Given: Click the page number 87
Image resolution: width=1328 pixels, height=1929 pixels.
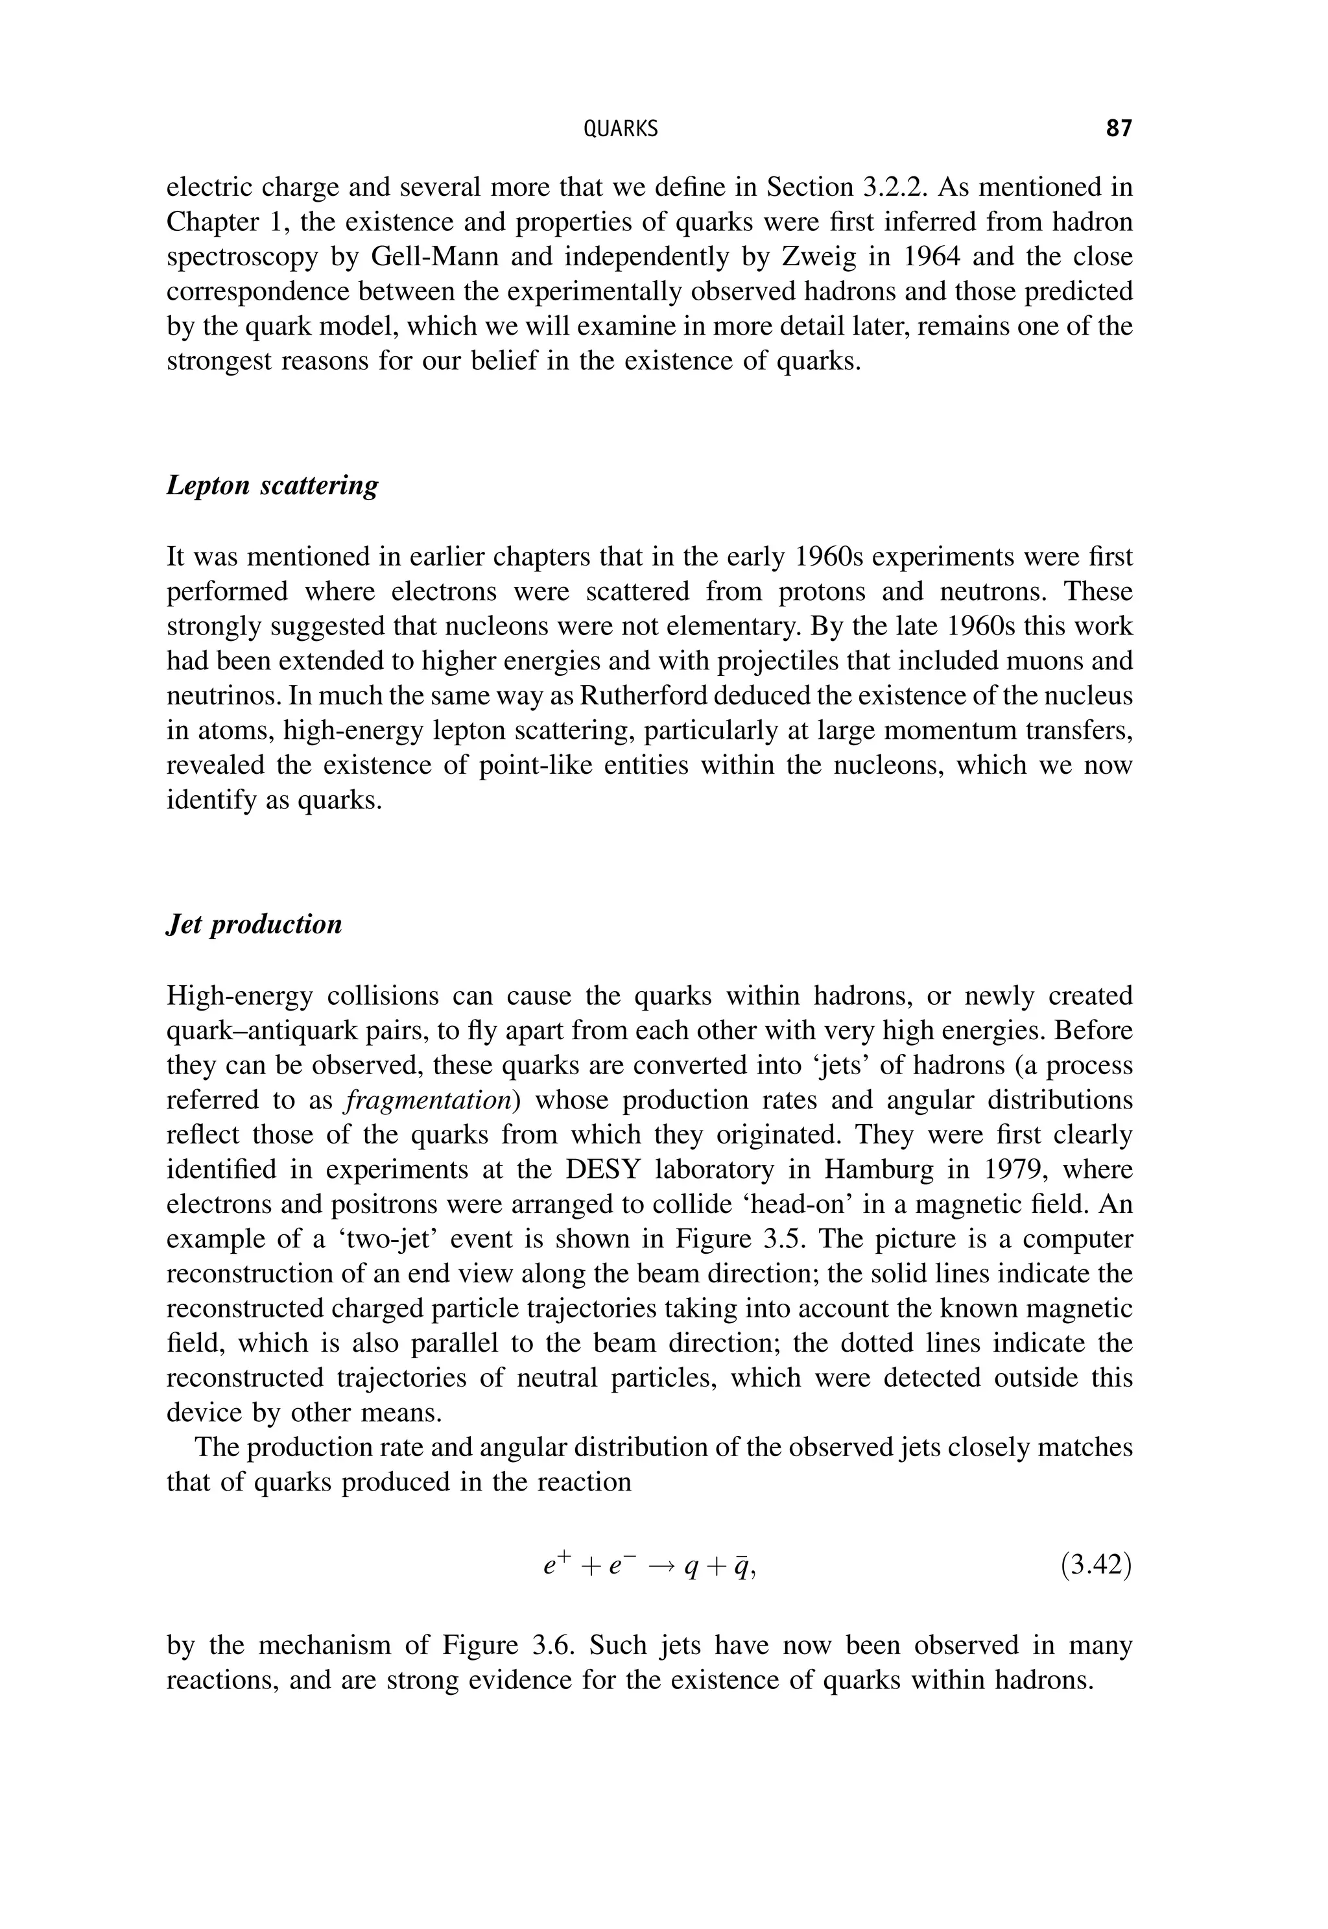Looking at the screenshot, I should [x=1119, y=129].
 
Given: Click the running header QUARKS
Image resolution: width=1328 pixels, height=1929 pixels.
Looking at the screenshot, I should [x=620, y=129].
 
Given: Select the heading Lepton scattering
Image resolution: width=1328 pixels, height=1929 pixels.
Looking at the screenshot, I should [x=272, y=485].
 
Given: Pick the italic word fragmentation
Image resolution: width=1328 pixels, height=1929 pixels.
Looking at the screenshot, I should [x=429, y=1101].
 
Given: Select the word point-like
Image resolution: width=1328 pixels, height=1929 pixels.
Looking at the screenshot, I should [x=534, y=765].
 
